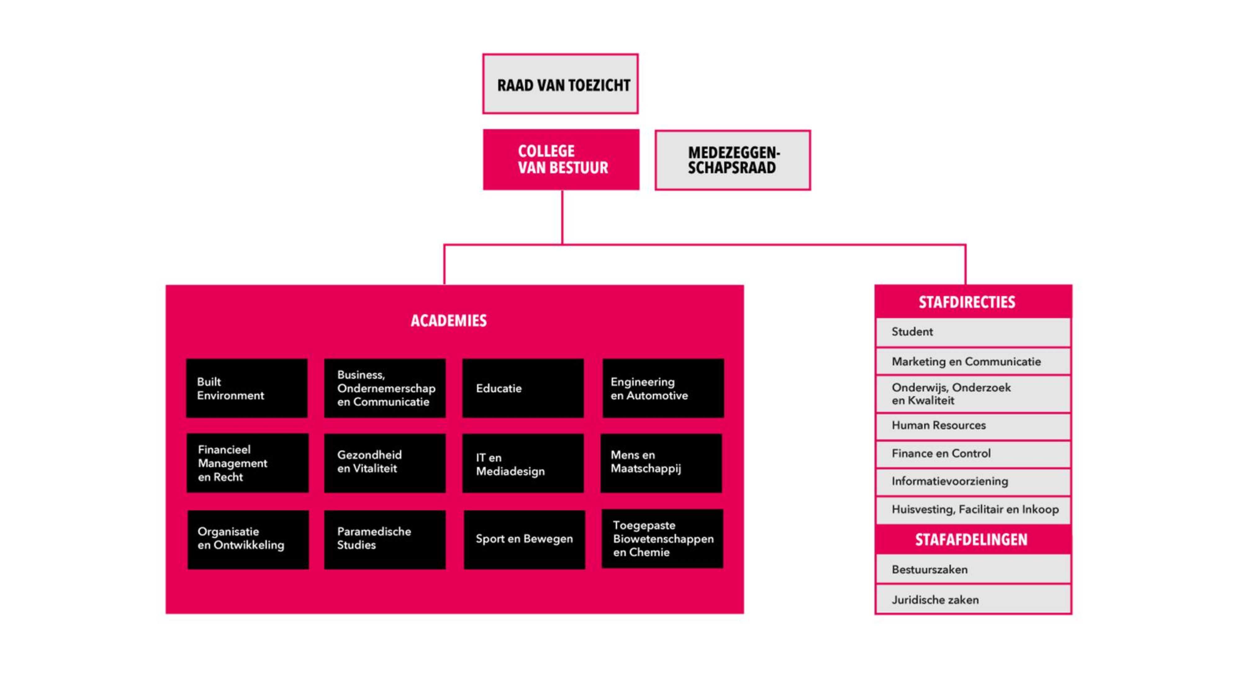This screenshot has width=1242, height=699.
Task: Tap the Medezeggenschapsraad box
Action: pos(732,160)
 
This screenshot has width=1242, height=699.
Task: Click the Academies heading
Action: pos(448,321)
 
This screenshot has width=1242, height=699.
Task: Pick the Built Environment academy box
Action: pos(246,388)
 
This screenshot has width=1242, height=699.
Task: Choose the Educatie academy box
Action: pos(523,388)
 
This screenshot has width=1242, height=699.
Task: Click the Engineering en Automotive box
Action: pos(663,388)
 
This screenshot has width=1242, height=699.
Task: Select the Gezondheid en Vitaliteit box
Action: pos(384,463)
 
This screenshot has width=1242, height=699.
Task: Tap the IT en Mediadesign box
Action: pos(523,464)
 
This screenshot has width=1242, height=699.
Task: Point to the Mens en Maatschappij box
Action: pos(661,463)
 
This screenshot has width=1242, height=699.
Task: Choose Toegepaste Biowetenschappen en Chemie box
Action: pos(662,539)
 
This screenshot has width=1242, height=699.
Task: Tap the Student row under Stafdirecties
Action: pos(973,332)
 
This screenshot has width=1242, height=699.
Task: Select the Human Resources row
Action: pos(973,426)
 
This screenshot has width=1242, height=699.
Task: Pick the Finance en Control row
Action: pos(973,454)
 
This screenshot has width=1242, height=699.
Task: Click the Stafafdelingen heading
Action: pos(971,540)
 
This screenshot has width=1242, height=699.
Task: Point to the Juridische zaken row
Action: pos(973,600)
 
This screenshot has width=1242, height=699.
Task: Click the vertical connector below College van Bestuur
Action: pos(562,217)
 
